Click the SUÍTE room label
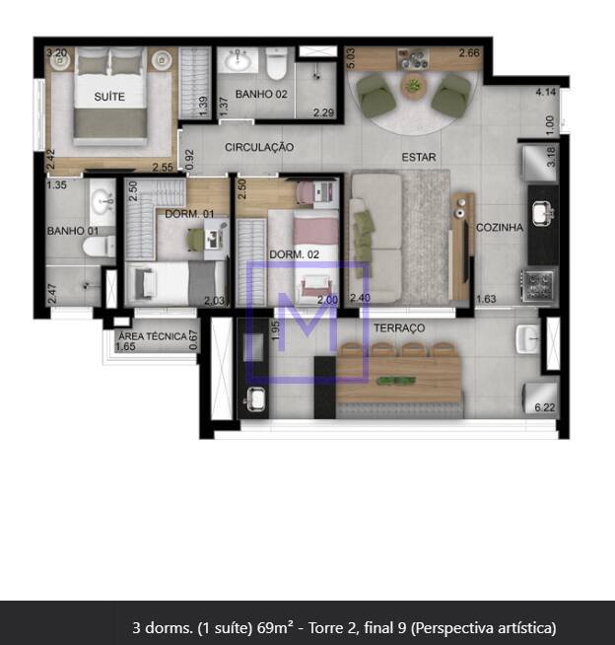click(x=109, y=97)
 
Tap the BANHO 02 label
click(x=261, y=95)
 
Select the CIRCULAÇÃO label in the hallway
click(x=259, y=147)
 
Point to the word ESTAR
click(x=419, y=157)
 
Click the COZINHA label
click(x=500, y=228)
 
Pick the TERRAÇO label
click(x=399, y=327)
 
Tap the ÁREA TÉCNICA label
click(x=153, y=336)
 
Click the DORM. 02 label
click(x=295, y=254)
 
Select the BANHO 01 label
click(x=73, y=231)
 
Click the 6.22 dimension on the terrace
click(x=545, y=407)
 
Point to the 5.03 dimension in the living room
click(x=351, y=58)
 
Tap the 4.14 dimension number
click(x=546, y=92)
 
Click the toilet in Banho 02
click(x=276, y=62)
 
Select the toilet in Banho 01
click(x=100, y=247)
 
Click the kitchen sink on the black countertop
click(x=543, y=213)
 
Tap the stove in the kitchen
click(x=538, y=285)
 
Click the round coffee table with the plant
click(x=414, y=86)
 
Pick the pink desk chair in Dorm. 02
click(x=305, y=192)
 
